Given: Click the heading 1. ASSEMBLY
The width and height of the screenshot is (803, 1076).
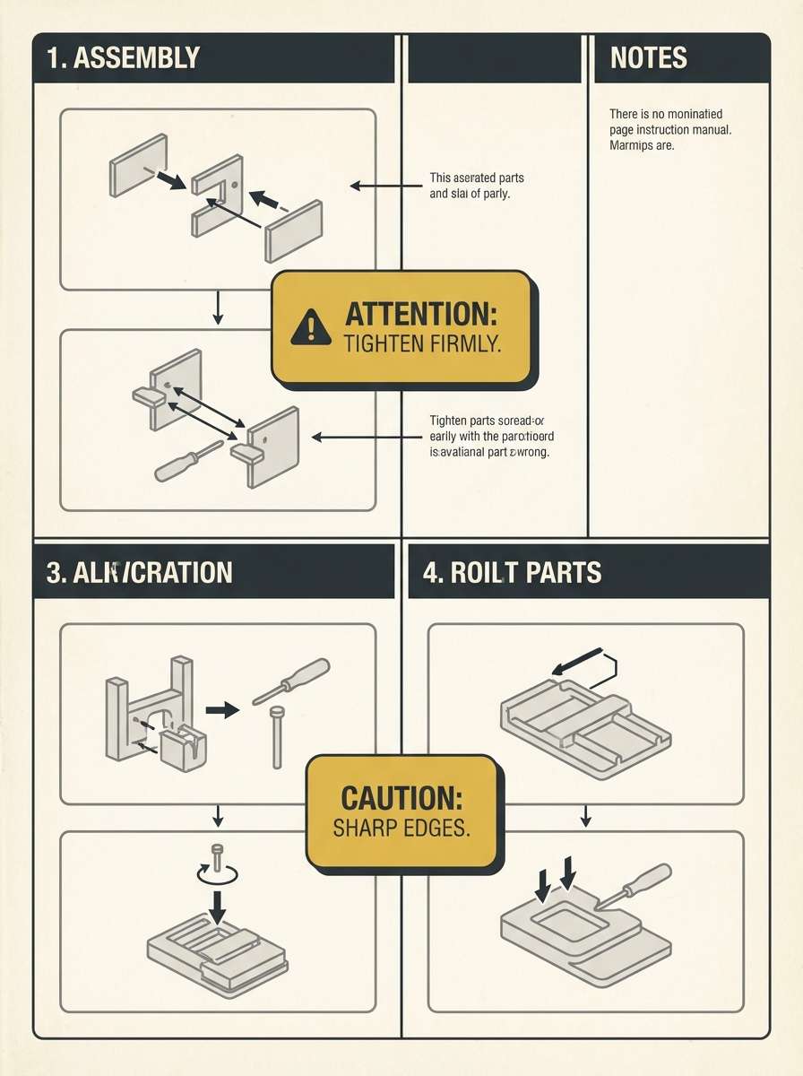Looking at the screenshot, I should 123,58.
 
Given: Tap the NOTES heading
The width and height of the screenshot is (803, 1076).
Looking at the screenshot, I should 648,58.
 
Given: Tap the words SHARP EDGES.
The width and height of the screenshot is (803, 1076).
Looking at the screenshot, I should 401,828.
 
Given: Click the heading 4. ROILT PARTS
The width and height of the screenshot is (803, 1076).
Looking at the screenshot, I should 512,572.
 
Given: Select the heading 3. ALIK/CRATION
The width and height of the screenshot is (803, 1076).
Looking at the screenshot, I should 139,572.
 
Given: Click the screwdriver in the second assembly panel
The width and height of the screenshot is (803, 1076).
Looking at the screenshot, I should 188,461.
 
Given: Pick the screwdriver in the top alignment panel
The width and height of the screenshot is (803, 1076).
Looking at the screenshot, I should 291,681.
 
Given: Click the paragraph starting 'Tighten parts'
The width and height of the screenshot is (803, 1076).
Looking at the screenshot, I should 488,437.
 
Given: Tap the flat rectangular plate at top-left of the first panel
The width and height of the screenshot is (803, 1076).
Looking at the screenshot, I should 138,165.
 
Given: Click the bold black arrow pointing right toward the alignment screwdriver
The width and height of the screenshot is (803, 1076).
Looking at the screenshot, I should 222,709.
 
